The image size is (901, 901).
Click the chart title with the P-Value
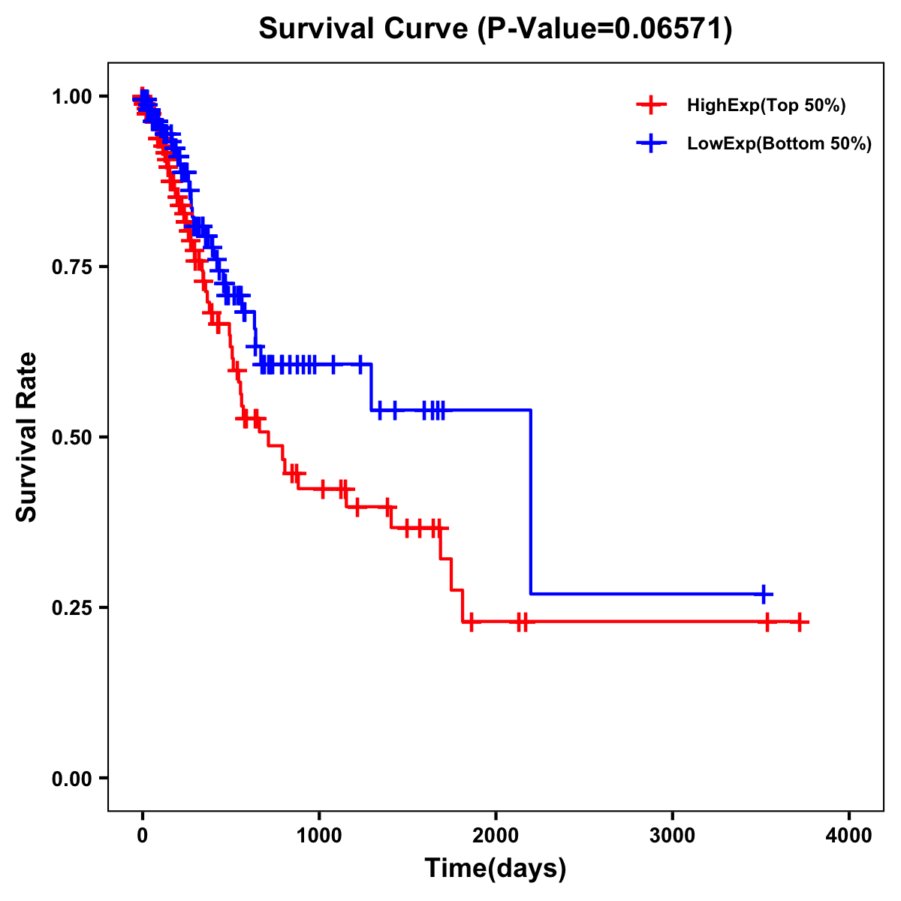(x=495, y=29)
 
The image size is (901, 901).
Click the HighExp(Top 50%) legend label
(x=766, y=106)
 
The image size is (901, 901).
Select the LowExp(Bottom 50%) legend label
(x=779, y=144)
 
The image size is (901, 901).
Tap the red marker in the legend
(x=651, y=105)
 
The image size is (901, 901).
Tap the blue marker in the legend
(x=651, y=143)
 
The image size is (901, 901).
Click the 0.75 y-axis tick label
(x=71, y=267)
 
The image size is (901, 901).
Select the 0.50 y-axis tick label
(x=71, y=437)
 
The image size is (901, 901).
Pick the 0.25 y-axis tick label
(x=71, y=607)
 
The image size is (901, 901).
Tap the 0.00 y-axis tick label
(x=71, y=778)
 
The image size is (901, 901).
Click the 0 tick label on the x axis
(x=143, y=836)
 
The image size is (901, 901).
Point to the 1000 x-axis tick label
(x=319, y=836)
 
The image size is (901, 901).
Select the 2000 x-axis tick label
(x=496, y=836)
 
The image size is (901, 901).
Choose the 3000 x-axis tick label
(x=672, y=836)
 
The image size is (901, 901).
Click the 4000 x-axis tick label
(x=849, y=836)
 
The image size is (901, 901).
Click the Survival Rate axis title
(x=27, y=437)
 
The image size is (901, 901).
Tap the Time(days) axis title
(x=496, y=869)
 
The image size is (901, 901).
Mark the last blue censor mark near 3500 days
(x=763, y=594)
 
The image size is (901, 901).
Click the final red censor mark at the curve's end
(x=800, y=622)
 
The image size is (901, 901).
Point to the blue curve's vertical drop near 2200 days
(x=531, y=503)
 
